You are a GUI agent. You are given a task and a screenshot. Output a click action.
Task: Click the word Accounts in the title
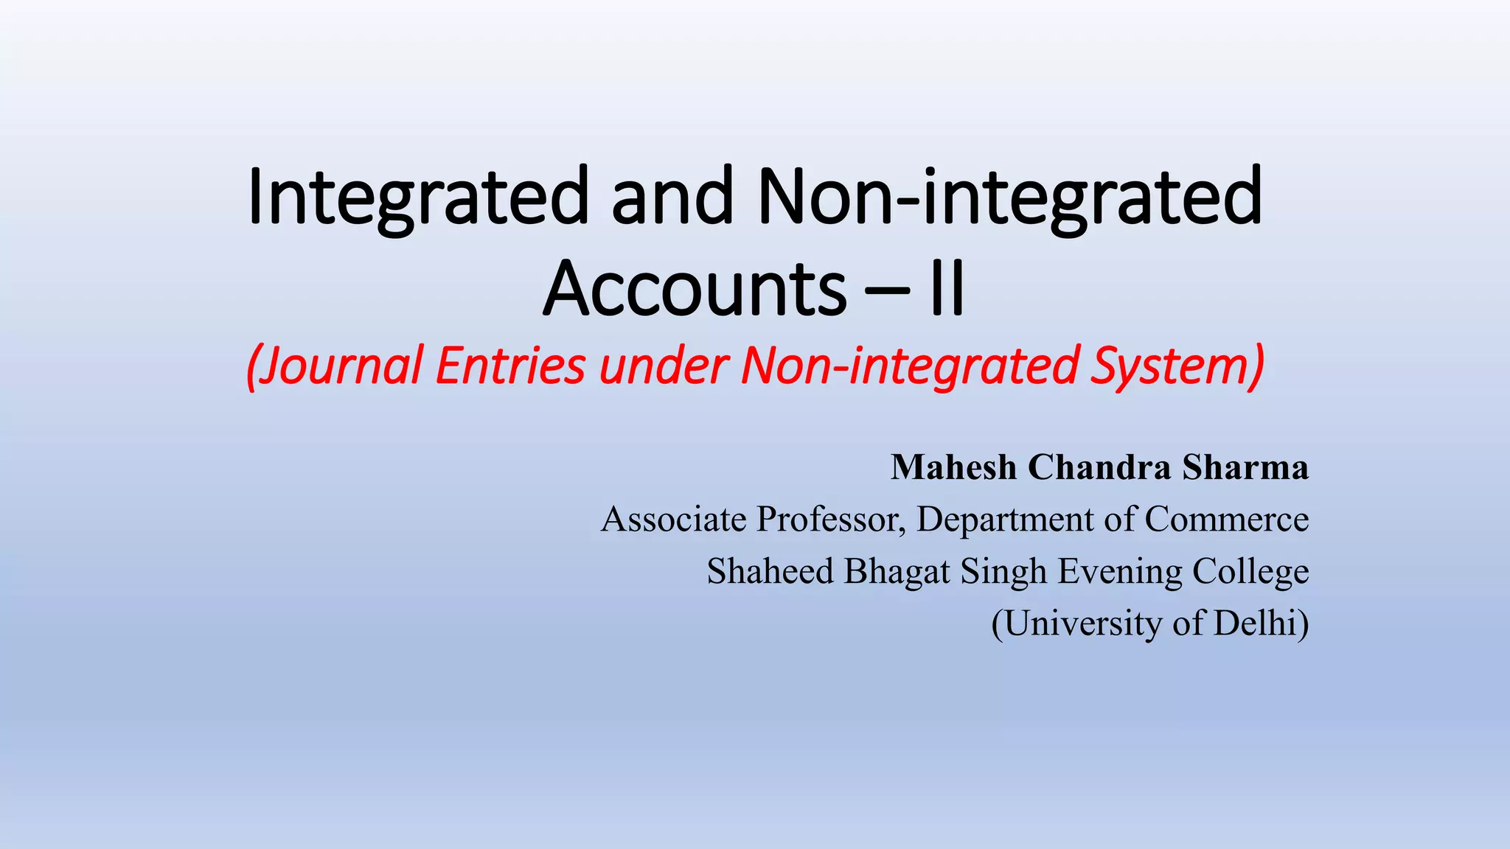(x=695, y=289)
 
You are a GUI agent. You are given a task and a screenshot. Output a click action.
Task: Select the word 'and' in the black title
(x=672, y=198)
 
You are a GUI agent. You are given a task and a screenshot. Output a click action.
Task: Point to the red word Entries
(x=510, y=366)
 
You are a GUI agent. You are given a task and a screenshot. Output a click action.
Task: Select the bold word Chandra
(x=1099, y=467)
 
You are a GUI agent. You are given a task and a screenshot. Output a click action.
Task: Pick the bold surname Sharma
(x=1246, y=467)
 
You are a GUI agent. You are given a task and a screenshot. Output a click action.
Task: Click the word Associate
(x=674, y=520)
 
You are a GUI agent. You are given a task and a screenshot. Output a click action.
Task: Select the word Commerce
(x=1227, y=520)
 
